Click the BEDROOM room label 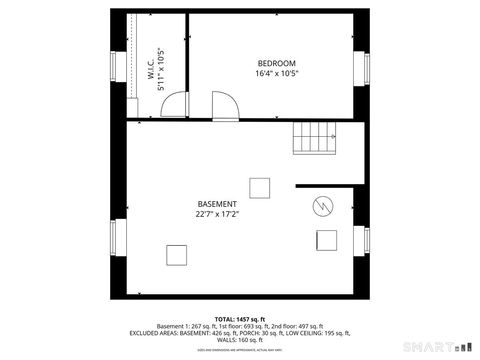coord(277,63)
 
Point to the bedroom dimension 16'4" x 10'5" coord(277,73)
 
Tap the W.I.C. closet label coord(150,70)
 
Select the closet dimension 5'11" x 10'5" coord(161,70)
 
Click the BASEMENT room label coord(217,204)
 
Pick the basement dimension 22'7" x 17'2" coord(217,214)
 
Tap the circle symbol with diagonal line coord(323,207)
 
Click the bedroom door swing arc coord(223,105)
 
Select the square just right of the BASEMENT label coord(260,187)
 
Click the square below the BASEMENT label coord(178,254)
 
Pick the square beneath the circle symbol coord(327,240)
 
